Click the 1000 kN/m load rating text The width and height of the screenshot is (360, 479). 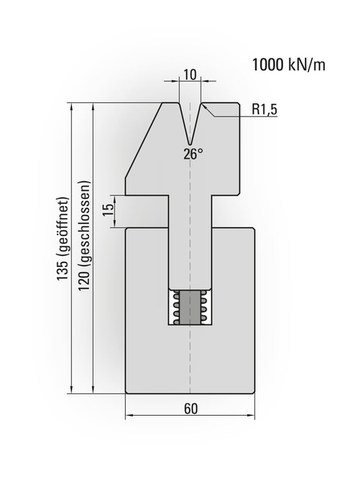pos(289,65)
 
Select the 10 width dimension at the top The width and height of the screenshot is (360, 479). pos(190,74)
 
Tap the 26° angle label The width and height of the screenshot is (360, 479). pos(193,154)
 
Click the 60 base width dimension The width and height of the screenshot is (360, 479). pos(190,408)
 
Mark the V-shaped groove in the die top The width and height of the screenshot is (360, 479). pos(190,120)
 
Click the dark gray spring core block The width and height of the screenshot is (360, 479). pos(190,308)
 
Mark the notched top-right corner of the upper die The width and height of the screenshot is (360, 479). pos(238,105)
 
